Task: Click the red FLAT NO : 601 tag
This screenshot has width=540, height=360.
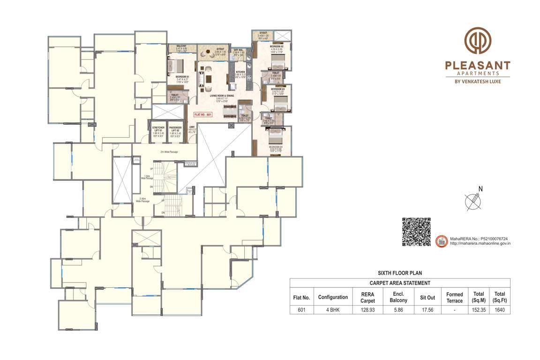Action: (203, 114)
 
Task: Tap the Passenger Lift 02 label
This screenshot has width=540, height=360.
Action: (175, 130)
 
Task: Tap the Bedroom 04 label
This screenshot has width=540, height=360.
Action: (276, 148)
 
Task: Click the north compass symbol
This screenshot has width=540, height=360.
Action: (474, 201)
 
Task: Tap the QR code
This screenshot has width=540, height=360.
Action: (417, 232)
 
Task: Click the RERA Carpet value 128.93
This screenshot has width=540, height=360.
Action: (367, 310)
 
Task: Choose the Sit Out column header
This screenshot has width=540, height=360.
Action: (427, 297)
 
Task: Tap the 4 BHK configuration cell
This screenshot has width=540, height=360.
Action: (333, 310)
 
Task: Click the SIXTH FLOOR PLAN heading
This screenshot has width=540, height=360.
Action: (400, 272)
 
